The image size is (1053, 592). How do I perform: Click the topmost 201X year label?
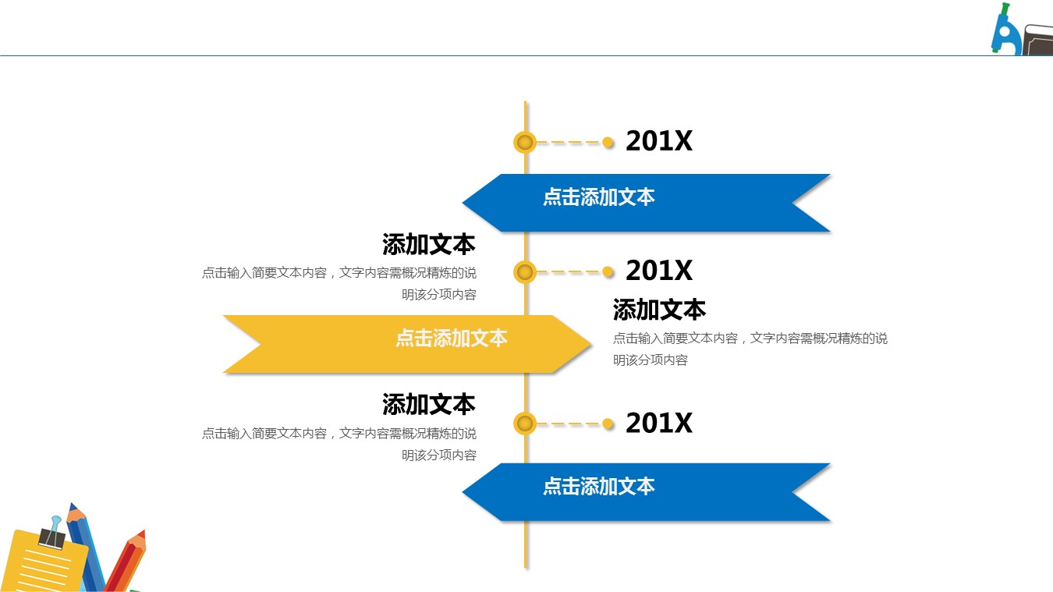(x=658, y=141)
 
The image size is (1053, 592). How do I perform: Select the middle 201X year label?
(x=658, y=271)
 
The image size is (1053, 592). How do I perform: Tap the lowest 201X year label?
(x=658, y=423)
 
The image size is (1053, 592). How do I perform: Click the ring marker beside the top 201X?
(x=525, y=142)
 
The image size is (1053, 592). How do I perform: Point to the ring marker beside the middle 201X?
(x=525, y=271)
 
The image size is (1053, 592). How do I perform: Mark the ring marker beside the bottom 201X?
(x=525, y=424)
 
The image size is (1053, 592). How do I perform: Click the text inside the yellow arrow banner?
(x=451, y=338)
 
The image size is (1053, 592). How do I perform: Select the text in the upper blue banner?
(x=598, y=197)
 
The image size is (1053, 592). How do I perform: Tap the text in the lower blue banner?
(x=598, y=487)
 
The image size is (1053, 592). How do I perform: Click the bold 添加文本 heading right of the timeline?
(x=659, y=310)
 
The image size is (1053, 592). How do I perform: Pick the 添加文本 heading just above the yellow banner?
(x=428, y=245)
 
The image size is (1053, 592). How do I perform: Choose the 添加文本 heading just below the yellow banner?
(x=428, y=405)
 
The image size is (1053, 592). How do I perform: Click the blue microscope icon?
(x=1005, y=32)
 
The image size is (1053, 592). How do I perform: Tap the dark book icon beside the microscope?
(x=1038, y=40)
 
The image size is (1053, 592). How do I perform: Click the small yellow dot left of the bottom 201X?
(x=608, y=424)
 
